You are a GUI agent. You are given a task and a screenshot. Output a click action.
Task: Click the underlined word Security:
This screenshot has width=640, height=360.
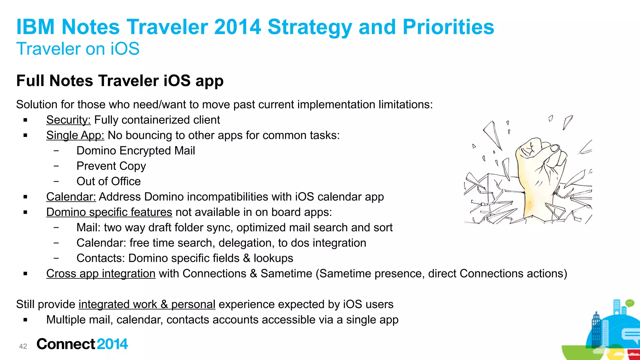pos(68,120)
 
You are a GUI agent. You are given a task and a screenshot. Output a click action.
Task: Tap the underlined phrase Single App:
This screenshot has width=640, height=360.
pos(75,135)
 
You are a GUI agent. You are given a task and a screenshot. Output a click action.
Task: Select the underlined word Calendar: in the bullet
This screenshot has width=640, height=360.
pos(71,197)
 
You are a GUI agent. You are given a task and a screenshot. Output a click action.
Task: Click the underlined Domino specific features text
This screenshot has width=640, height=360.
pos(109,212)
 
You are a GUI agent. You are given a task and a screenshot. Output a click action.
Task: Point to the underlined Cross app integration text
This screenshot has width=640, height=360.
pos(101,274)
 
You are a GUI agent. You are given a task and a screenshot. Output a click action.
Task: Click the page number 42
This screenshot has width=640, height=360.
pos(23,346)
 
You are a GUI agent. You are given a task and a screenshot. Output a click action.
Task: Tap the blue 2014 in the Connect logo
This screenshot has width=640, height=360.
pos(112,344)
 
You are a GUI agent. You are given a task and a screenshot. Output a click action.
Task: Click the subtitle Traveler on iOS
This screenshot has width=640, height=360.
pos(78,49)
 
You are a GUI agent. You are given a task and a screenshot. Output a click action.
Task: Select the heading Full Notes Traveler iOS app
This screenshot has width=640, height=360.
pos(120,81)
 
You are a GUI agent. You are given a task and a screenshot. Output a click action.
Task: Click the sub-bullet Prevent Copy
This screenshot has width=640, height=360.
pos(111,166)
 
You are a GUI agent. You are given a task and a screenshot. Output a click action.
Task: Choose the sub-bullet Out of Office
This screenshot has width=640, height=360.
pos(108,181)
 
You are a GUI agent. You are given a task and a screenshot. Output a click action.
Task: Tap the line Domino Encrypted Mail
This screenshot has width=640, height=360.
pos(136,151)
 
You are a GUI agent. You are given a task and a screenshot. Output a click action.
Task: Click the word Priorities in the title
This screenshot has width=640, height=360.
pos(448,27)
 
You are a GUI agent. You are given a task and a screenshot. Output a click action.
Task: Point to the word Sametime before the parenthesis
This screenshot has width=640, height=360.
pos(286,274)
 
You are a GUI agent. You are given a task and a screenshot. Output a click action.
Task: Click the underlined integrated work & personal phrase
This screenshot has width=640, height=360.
pos(147,304)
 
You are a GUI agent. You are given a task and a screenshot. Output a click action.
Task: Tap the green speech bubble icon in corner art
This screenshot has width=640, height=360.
pos(629,303)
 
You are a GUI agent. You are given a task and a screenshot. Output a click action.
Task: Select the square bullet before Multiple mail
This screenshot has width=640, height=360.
pos(25,320)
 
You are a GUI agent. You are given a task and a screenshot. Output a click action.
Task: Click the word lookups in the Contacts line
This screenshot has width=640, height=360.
pos(273,258)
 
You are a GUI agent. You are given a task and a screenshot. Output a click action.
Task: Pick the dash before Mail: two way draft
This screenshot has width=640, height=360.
pos(56,227)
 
